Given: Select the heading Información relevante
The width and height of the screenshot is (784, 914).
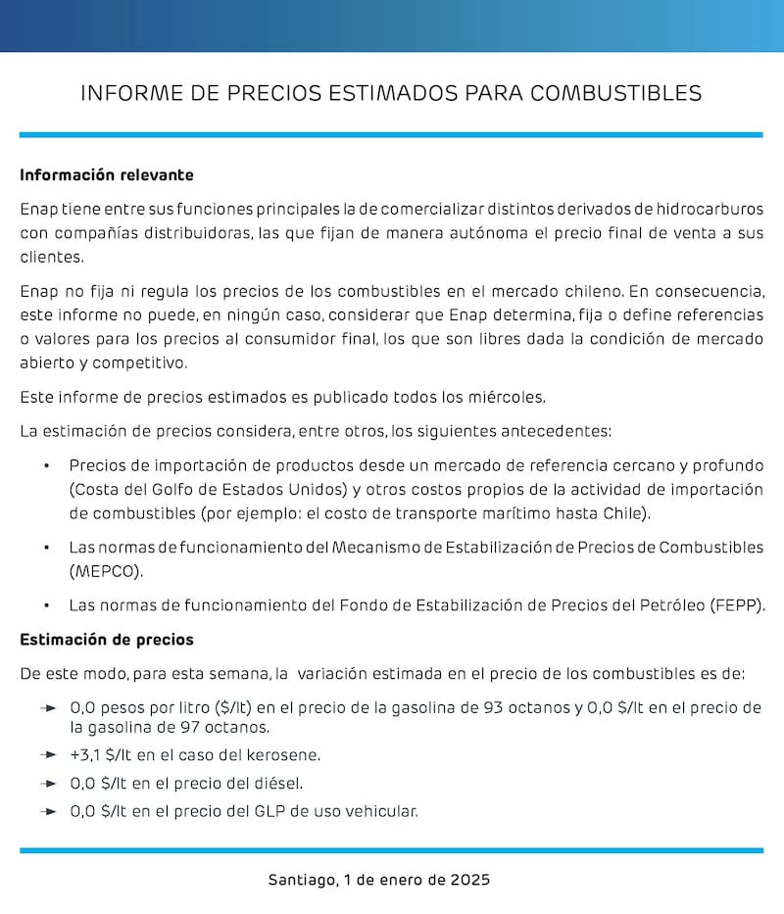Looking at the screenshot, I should [x=107, y=175].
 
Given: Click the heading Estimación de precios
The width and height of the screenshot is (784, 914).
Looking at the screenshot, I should [x=107, y=640].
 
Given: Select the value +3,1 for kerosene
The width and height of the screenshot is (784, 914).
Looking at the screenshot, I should [x=87, y=754].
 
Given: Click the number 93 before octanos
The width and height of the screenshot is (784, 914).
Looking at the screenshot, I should [x=494, y=706].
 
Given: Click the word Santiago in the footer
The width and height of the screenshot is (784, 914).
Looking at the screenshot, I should [x=302, y=880].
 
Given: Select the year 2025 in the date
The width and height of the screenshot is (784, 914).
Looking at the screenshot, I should [x=470, y=880].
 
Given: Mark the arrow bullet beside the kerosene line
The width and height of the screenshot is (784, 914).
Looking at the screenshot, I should [x=49, y=754].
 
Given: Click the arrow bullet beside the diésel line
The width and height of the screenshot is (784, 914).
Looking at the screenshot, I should [x=49, y=783].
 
